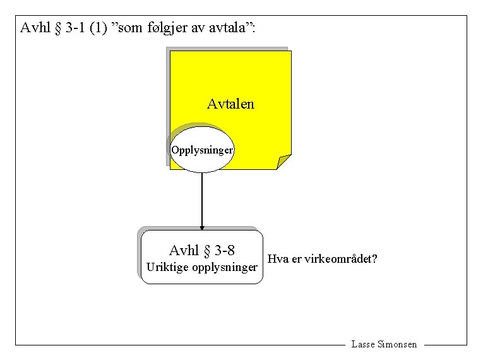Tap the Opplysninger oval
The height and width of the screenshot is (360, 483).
point(202,150)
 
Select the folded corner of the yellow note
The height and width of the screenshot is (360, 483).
point(283,161)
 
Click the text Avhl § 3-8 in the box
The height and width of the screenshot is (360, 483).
point(202,251)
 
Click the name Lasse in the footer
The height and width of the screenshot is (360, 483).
point(363,345)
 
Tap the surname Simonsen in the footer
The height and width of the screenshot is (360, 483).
point(397,345)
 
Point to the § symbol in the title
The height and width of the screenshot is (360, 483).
point(59,28)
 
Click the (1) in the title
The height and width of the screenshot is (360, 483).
point(98,28)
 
